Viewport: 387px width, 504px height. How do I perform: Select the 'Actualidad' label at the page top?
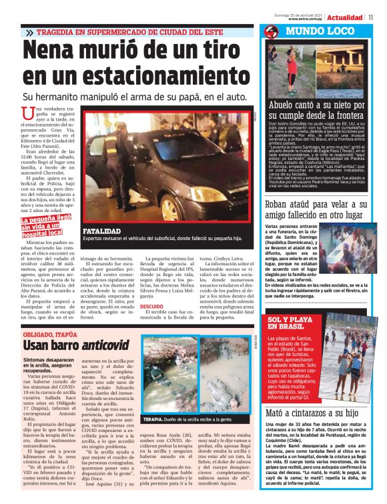coord(345,17)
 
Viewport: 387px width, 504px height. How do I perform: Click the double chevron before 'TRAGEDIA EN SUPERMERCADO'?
coord(29,32)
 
